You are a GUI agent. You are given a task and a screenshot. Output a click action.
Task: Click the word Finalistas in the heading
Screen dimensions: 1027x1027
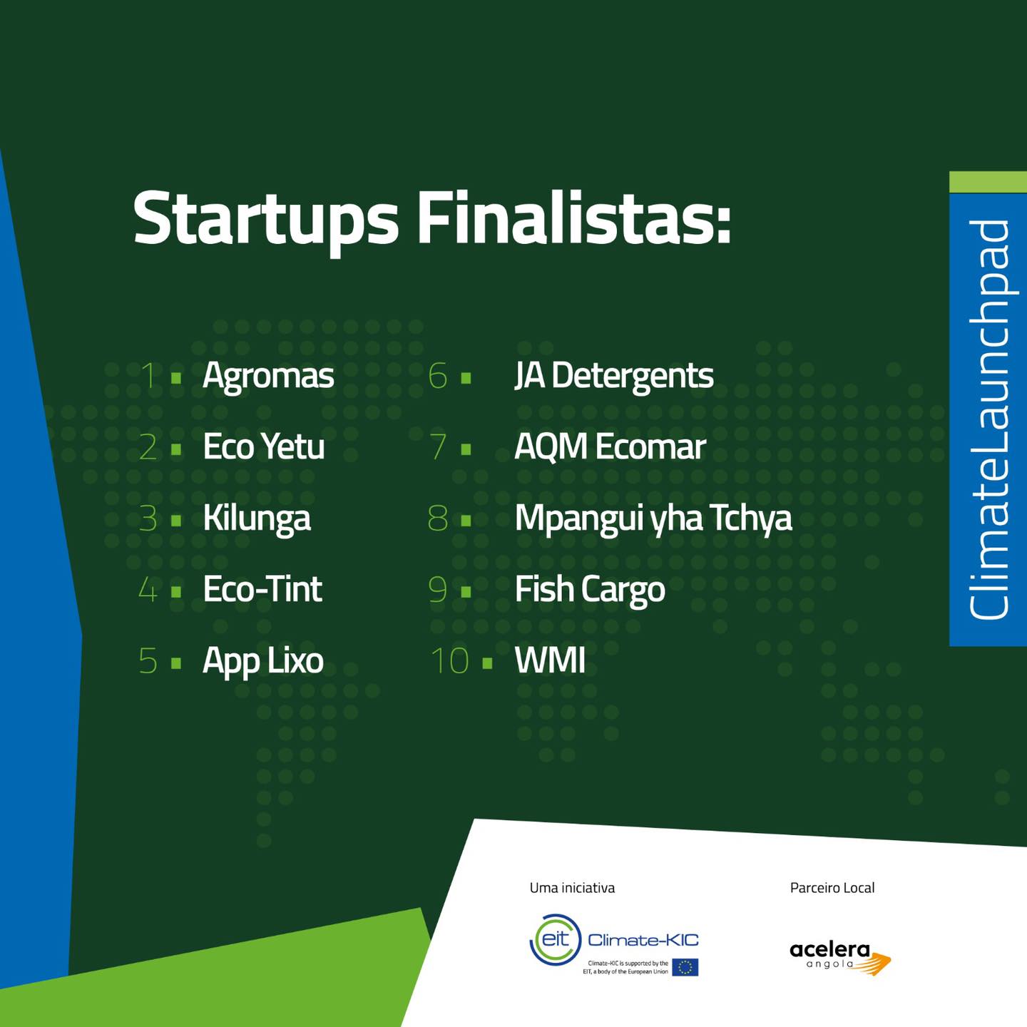(x=573, y=218)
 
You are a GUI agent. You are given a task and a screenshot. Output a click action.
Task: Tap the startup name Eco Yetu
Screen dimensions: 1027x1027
(x=264, y=446)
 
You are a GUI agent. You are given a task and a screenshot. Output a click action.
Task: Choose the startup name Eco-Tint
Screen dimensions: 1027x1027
(x=262, y=589)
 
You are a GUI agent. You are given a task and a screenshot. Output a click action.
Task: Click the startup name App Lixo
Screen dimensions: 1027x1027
(x=263, y=662)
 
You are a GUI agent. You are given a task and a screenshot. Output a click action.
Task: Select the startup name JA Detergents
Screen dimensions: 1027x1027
(x=614, y=377)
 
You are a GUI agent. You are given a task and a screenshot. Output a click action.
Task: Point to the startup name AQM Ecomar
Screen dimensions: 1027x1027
(x=610, y=446)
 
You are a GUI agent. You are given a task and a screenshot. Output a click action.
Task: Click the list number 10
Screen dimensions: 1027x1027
(x=450, y=661)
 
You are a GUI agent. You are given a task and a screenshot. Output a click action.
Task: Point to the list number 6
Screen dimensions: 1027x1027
(x=438, y=376)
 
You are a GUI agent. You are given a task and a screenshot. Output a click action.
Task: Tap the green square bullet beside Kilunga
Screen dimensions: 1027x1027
(x=176, y=520)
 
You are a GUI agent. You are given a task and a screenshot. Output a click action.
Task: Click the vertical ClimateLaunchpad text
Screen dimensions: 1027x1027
(x=989, y=420)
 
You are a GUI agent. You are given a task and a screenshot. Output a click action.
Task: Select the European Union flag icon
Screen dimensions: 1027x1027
(x=685, y=967)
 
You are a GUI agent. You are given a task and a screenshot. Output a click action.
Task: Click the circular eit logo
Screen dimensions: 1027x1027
(x=556, y=940)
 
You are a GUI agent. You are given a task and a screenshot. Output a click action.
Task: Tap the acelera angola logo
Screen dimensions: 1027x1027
(x=840, y=957)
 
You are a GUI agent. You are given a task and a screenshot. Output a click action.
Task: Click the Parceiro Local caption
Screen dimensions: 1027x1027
(x=832, y=888)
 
